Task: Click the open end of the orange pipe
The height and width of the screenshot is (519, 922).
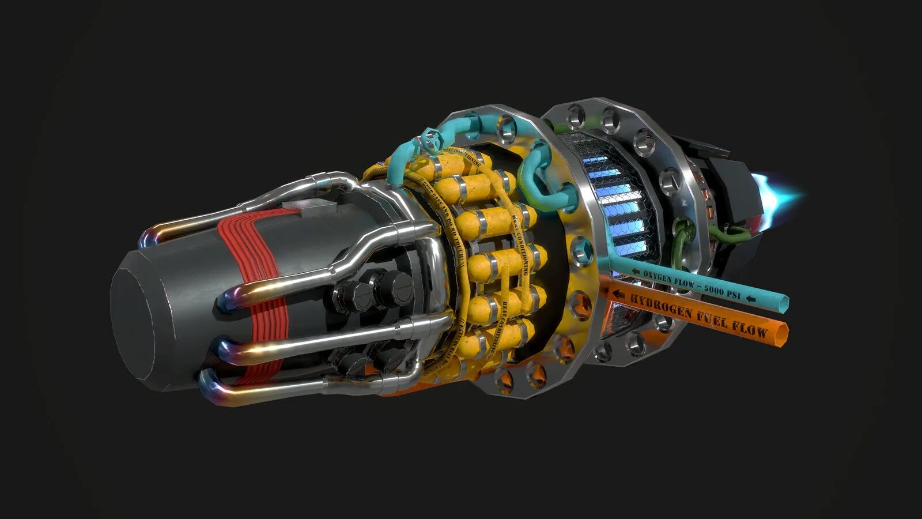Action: [783, 334]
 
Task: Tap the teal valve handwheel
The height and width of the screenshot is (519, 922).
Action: [430, 139]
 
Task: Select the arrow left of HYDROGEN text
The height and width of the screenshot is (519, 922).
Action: [619, 295]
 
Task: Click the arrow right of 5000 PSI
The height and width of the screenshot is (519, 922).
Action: [750, 298]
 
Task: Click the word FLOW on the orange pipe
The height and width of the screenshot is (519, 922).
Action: [750, 328]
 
